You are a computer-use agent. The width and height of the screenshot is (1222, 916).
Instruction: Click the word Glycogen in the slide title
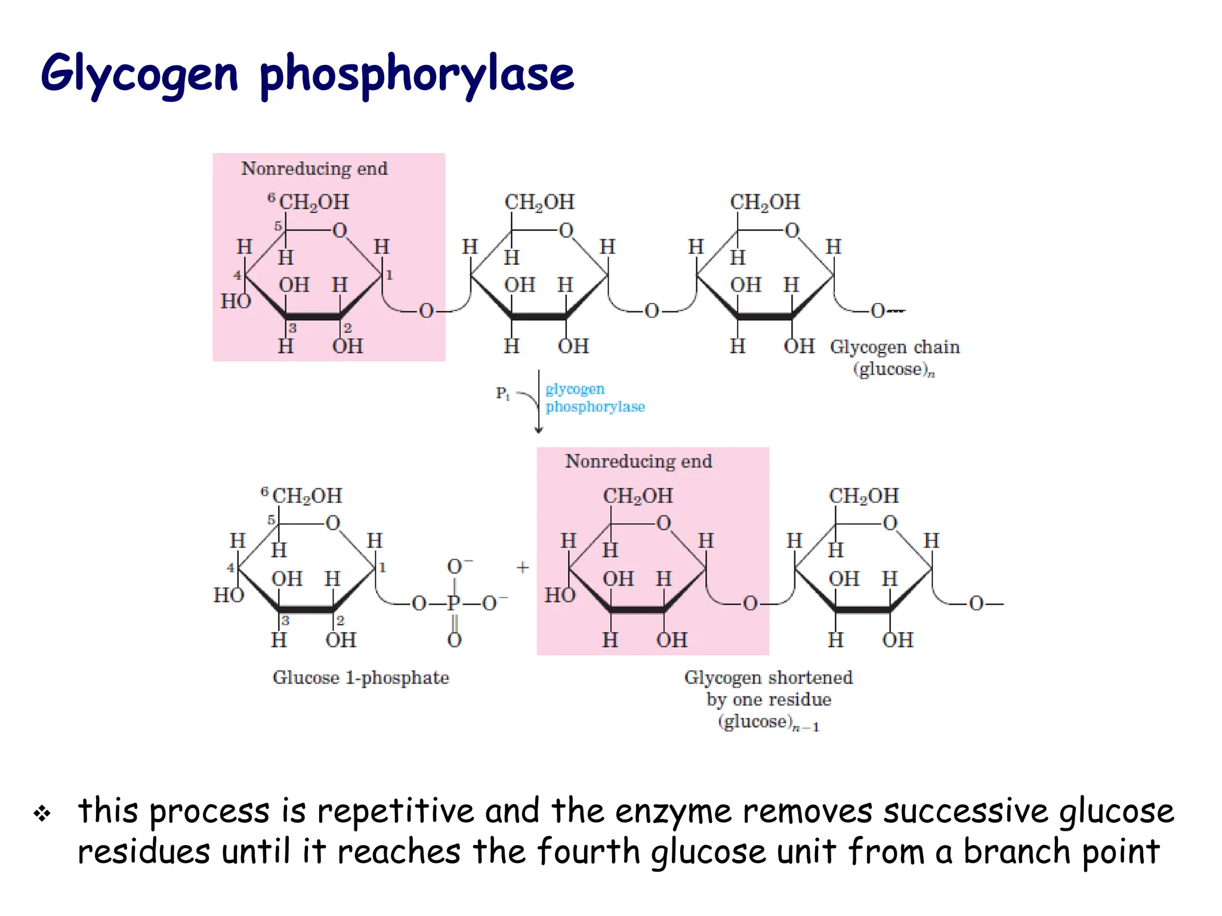pos(139,74)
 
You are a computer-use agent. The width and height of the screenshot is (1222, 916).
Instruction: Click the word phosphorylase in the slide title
pos(416,74)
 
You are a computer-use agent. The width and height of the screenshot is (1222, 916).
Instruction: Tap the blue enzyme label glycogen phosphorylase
pos(594,398)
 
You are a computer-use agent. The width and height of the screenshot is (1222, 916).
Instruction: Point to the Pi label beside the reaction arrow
pos(502,394)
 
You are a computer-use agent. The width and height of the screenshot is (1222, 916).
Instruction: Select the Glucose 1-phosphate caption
pos(360,678)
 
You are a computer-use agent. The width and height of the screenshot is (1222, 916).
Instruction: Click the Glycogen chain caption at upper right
pos(894,347)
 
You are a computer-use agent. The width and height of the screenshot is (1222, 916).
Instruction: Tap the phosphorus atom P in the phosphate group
pos(453,604)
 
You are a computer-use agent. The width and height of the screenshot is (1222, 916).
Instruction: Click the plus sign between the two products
pos(523,567)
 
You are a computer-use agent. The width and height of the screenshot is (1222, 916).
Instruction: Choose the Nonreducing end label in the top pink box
pos(314,169)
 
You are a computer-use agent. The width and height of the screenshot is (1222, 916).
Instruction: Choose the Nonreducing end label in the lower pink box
pos(638,462)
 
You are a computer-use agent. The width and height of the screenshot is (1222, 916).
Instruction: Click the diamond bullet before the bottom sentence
pos(42,813)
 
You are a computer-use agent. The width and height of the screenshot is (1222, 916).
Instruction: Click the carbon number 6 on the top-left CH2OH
pos(271,197)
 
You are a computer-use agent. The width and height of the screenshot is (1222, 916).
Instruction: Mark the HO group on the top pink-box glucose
pos(236,302)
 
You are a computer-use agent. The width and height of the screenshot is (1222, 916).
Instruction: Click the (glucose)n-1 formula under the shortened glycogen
pos(769,722)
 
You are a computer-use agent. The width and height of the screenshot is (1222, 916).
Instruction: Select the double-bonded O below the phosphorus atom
pos(454,640)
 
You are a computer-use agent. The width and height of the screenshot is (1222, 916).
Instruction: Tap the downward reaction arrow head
pos(539,430)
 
